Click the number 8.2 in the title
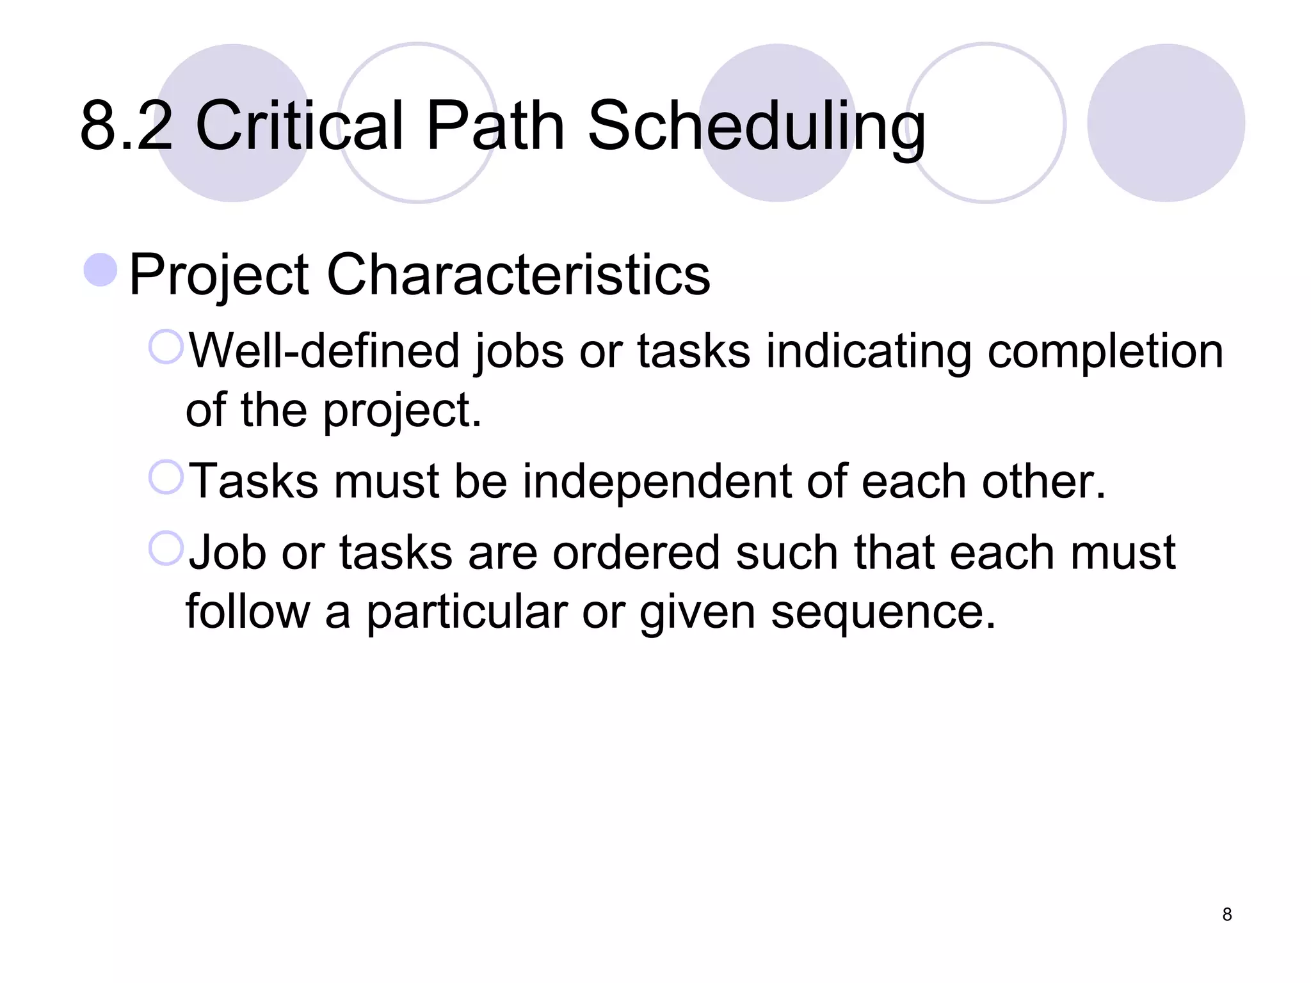pos(126,126)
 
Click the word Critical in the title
pos(300,126)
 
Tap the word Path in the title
pos(495,126)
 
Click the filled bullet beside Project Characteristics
pos(101,269)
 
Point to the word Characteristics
pos(518,275)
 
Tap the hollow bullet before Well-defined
pos(166,347)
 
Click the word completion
pos(1105,352)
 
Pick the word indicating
pos(869,352)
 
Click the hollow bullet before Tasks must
pos(166,477)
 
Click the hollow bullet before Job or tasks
pos(166,548)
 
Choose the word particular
pos(466,612)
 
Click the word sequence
pos(883,612)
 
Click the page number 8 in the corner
pos(1227,915)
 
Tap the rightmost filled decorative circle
pos(1166,123)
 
